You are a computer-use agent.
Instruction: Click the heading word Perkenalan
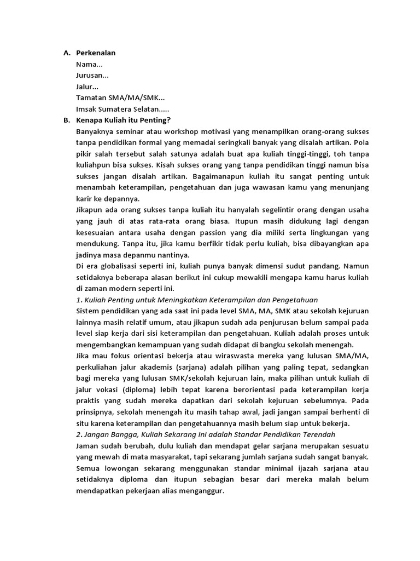pos(96,53)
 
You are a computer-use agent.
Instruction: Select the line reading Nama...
pos(89,65)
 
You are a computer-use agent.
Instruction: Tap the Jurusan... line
pos(92,76)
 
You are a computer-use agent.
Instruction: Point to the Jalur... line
pos(87,87)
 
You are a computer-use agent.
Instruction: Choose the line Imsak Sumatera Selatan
pos(126,109)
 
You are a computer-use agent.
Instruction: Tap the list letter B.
pos(66,120)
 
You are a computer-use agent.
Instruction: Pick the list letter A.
pos(66,53)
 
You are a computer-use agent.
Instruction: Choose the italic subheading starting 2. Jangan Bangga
pos(206,434)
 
